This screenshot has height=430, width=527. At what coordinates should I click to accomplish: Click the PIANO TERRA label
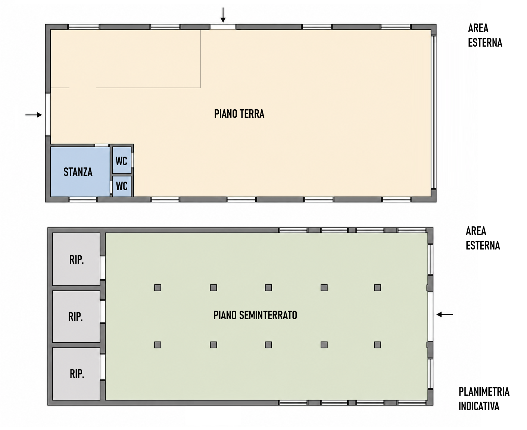(x=239, y=114)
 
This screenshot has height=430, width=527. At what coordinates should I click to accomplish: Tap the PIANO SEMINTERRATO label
(x=255, y=315)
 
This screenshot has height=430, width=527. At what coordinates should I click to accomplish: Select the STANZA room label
(x=78, y=172)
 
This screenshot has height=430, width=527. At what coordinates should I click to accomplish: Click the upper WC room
(x=122, y=160)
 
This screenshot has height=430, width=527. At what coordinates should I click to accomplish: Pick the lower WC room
(x=122, y=186)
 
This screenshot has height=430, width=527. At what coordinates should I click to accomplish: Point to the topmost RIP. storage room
(x=76, y=259)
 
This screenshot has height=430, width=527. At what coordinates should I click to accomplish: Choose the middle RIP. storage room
(x=76, y=316)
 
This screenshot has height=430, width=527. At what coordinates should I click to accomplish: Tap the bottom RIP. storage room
(x=76, y=374)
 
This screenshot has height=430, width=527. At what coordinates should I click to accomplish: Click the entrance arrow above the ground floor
(x=223, y=15)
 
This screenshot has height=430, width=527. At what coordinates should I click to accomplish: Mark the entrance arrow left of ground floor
(x=34, y=115)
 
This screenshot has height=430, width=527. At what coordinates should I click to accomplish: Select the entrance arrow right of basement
(x=445, y=314)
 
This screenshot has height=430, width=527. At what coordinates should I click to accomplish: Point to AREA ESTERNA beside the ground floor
(x=485, y=35)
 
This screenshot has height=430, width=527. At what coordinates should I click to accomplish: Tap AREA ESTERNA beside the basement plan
(x=483, y=238)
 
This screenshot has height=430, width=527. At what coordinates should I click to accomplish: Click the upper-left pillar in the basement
(x=158, y=288)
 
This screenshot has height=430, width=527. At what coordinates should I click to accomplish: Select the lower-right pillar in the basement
(x=378, y=345)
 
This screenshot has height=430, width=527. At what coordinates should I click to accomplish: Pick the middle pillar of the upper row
(x=268, y=288)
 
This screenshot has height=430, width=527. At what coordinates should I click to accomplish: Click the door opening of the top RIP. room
(x=102, y=268)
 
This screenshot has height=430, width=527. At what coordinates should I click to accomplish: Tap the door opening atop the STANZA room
(x=102, y=145)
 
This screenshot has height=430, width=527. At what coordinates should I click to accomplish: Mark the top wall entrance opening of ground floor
(x=223, y=27)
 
